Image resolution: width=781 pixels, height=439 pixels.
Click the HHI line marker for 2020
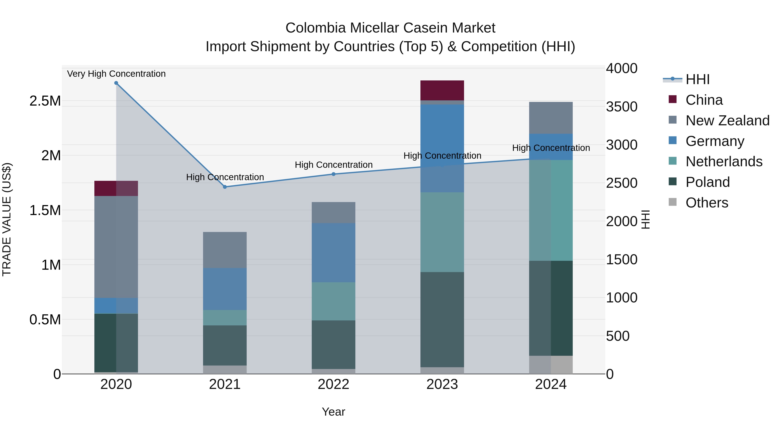116,83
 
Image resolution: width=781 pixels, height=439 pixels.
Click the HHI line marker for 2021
225,187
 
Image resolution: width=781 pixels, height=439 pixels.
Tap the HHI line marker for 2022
333,174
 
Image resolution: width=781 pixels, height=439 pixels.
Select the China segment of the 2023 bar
442,90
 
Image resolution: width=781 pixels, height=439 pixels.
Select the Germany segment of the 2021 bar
225,289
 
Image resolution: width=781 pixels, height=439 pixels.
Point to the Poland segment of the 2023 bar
442,319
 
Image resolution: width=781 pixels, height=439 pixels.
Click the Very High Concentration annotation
116,74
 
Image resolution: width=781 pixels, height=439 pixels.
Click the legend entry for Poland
707,182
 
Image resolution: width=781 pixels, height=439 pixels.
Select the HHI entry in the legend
697,79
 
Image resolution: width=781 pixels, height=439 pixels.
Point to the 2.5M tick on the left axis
45,101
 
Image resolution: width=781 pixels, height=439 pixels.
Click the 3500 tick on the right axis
622,107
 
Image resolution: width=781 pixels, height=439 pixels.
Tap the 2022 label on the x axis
333,384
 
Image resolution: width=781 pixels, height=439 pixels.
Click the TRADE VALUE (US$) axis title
7,219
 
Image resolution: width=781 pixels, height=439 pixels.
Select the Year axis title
333,412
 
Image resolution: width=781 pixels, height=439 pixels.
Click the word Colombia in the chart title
315,28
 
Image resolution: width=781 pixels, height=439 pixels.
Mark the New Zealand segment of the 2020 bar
116,247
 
